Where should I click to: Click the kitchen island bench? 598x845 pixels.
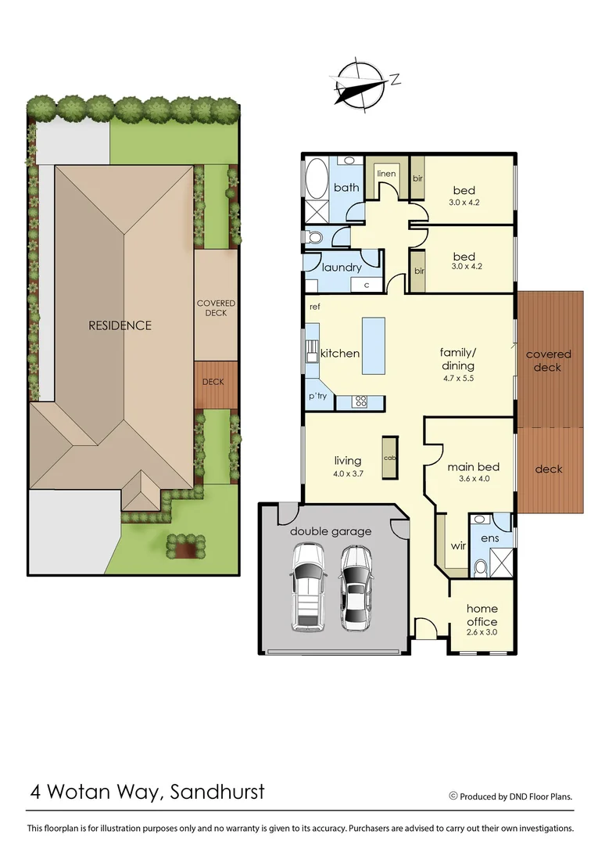tap(374, 345)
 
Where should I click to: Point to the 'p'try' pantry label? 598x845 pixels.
tap(317, 397)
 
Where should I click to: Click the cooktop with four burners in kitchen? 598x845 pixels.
tap(361, 402)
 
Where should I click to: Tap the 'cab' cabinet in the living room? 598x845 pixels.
tap(388, 457)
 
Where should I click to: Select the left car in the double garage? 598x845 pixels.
tap(307, 587)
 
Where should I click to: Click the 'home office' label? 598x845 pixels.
tap(482, 615)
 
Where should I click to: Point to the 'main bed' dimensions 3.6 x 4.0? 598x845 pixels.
tap(474, 479)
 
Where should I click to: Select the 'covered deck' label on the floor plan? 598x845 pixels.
tap(548, 360)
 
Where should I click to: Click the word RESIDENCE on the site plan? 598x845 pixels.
tap(120, 325)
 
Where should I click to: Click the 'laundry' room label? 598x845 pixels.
tap(342, 267)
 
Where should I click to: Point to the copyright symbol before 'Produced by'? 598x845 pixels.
tap(453, 796)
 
